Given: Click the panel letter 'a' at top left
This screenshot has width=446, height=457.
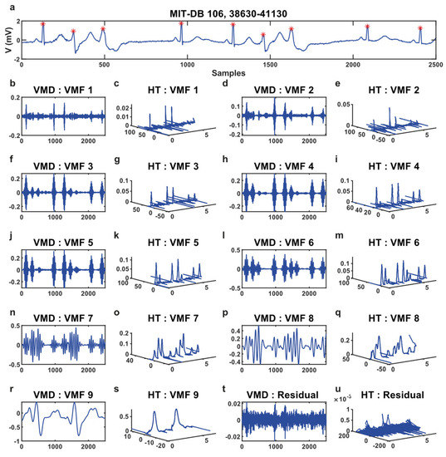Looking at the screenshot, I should (x=7, y=6).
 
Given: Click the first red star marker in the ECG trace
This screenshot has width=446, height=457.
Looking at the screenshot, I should (x=43, y=24).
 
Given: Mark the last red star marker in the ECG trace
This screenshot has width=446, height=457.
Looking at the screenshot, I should (x=420, y=28).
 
